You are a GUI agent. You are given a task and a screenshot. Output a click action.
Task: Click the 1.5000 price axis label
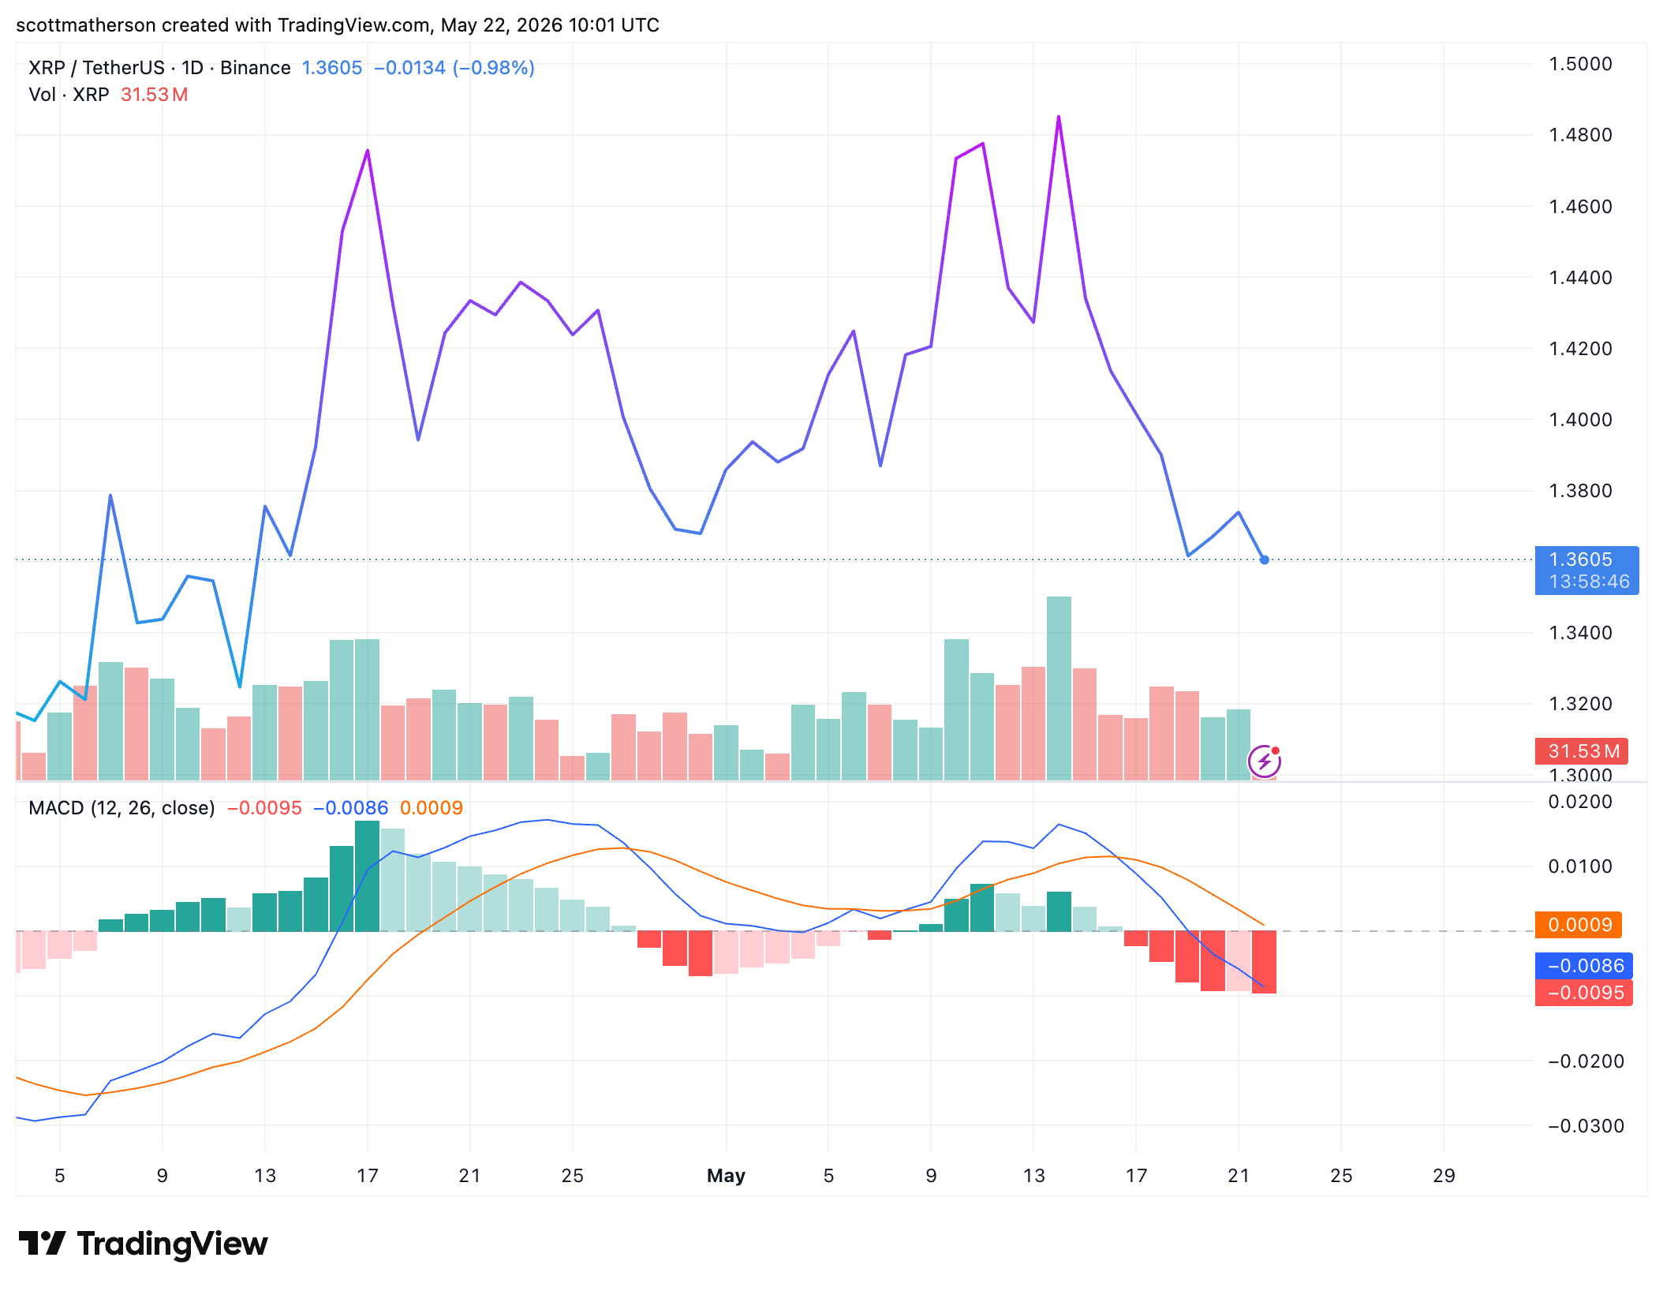coord(1580,64)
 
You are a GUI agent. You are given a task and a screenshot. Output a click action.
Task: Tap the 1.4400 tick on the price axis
coord(1580,278)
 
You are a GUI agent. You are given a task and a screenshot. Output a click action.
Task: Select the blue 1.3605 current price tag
coord(1586,570)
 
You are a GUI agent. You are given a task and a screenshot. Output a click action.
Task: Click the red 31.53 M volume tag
coord(1581,751)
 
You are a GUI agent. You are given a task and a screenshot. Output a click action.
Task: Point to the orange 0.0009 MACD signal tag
coord(1579,924)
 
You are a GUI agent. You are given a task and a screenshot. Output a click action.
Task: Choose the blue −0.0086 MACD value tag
coord(1583,966)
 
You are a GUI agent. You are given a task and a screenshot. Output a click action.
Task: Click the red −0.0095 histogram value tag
coord(1583,993)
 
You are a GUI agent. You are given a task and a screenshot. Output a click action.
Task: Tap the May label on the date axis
coord(726,1176)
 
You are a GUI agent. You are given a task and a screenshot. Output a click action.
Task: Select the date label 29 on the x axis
coord(1444,1176)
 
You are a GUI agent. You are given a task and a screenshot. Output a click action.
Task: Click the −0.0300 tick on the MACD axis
coord(1586,1126)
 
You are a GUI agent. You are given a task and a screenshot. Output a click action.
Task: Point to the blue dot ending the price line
coord(1265,559)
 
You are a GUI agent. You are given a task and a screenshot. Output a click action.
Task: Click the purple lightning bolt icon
coord(1264,762)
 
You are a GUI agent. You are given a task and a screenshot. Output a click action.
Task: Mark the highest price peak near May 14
coord(1059,117)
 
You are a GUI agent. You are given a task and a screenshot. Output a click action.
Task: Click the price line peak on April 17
coord(368,151)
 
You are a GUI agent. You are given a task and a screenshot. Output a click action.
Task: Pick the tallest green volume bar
coord(1059,688)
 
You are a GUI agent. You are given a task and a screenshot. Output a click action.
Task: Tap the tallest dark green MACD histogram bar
coord(368,876)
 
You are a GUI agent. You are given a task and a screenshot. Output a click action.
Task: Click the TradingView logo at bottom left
coord(143,1244)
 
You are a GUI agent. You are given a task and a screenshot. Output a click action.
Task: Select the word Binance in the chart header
coord(256,68)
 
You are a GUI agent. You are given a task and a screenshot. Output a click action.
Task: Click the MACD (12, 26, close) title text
coord(121,808)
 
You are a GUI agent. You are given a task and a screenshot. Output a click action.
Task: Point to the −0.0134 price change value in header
coord(409,68)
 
